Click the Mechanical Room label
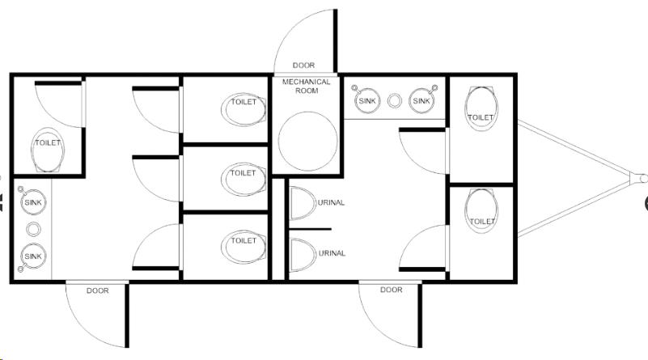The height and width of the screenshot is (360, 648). (x=307, y=86)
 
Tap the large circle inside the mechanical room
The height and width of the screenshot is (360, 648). (x=307, y=141)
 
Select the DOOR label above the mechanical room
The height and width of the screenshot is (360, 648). (x=303, y=66)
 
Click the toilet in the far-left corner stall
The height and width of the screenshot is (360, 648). (x=48, y=150)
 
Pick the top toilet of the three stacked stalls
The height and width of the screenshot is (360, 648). (x=244, y=109)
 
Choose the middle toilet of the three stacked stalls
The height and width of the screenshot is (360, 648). (x=244, y=180)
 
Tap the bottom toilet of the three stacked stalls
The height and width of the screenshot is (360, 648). (x=244, y=247)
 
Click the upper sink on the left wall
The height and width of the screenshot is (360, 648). (x=33, y=201)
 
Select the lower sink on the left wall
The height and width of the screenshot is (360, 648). (x=33, y=256)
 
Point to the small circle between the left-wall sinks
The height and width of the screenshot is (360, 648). (x=33, y=230)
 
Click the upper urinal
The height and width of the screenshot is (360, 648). (x=303, y=203)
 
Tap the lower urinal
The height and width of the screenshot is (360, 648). (x=303, y=255)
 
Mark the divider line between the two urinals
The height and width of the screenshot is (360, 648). (x=310, y=229)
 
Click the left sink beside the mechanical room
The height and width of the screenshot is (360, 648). (x=367, y=100)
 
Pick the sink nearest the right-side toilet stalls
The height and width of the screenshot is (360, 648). (x=422, y=100)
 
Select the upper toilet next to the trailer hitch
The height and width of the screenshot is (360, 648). (x=481, y=108)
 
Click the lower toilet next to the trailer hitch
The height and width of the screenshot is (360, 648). (x=481, y=211)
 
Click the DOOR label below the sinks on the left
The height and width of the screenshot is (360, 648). (x=98, y=290)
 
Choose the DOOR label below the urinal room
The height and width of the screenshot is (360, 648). (x=391, y=290)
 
